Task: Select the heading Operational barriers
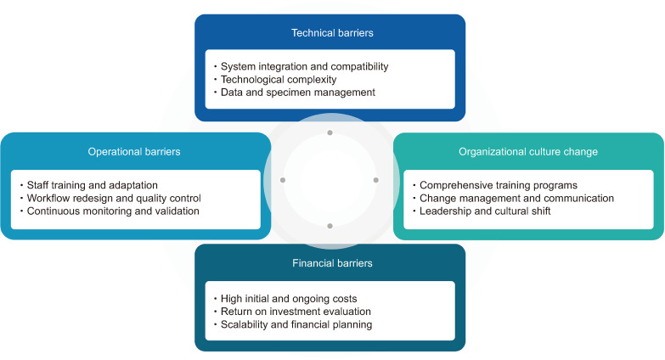click(134, 152)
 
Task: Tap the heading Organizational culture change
click(527, 152)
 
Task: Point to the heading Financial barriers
click(332, 263)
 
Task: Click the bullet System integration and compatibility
click(304, 66)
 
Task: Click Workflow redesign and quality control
click(114, 198)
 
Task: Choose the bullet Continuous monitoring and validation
click(113, 211)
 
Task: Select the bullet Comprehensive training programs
click(499, 185)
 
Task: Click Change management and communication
click(516, 198)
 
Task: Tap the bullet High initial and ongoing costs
click(288, 298)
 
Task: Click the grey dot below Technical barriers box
click(330, 133)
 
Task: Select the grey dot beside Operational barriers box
click(284, 180)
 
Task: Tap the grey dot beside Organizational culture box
click(376, 180)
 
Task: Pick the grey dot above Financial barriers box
click(330, 226)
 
